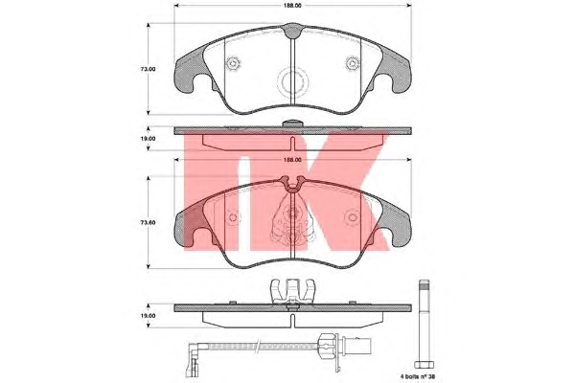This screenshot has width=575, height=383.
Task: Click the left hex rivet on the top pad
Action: click(x=233, y=64)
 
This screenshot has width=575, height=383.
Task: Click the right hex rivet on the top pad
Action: click(x=353, y=64)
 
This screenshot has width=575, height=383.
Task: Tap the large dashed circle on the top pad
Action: click(x=292, y=83)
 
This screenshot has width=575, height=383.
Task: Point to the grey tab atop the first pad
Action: click(x=292, y=31)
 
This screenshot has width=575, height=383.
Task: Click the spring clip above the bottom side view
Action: click(x=292, y=291)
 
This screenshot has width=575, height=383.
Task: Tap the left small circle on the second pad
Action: click(x=233, y=217)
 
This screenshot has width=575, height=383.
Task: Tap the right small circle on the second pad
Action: click(x=353, y=217)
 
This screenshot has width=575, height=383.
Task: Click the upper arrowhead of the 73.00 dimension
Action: click(x=149, y=26)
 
